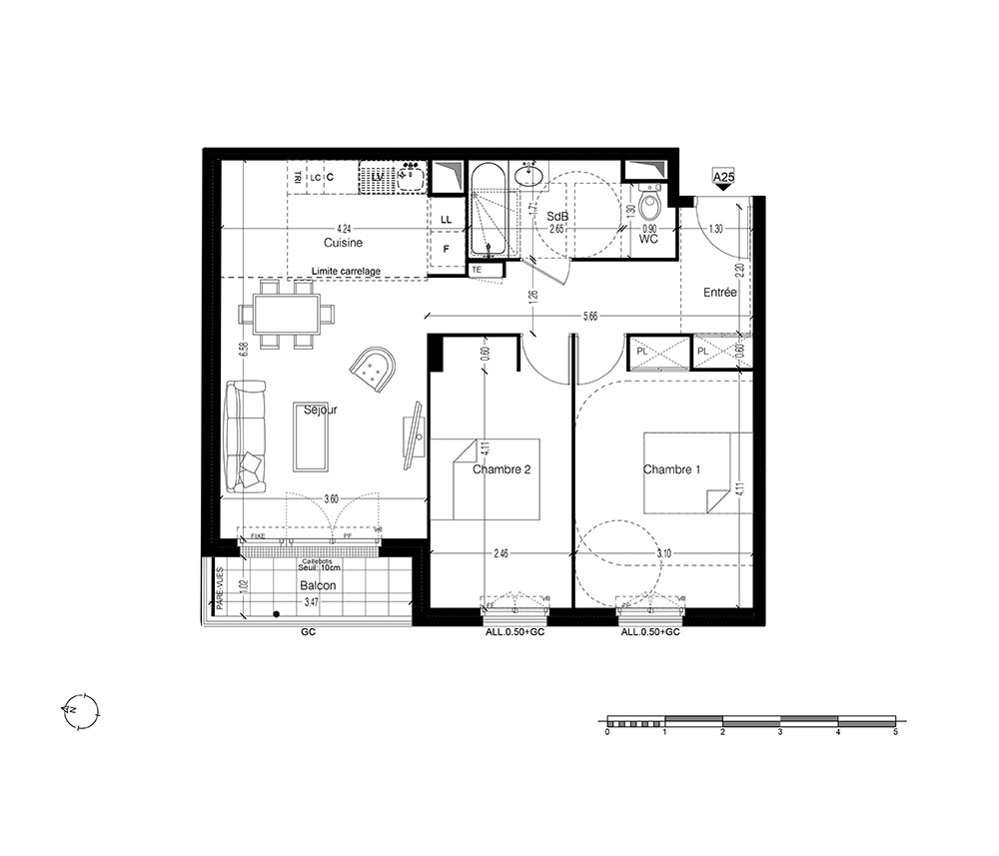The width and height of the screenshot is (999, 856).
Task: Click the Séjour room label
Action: [321, 410]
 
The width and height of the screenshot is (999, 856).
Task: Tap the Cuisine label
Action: [343, 243]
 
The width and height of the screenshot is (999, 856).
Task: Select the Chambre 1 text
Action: [671, 469]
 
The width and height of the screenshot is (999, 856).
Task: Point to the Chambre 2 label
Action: [501, 469]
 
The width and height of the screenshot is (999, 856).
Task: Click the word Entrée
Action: [719, 293]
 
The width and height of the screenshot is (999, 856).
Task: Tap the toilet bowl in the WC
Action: [650, 209]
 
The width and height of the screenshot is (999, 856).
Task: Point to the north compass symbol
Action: [78, 712]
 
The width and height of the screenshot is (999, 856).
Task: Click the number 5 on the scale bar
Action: [895, 732]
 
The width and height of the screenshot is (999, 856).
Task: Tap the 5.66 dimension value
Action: [590, 317]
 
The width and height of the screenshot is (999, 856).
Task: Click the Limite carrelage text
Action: [347, 271]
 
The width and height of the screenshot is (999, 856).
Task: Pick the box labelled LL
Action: [446, 219]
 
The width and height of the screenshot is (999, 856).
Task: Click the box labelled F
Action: [446, 250]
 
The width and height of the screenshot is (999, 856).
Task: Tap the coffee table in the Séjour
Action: [310, 435]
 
